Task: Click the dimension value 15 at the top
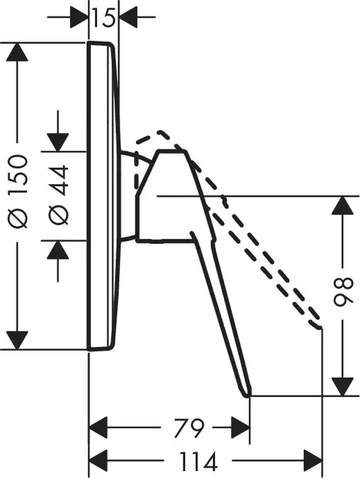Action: pos(103,18)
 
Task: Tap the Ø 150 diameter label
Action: pos(18,191)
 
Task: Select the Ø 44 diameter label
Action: pos(58,195)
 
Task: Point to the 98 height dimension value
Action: pos(343,292)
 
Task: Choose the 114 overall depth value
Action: pos(198,462)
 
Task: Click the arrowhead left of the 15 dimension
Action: pos(79,17)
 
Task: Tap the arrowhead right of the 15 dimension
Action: pos(128,17)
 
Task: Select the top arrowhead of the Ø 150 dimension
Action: pos(17,52)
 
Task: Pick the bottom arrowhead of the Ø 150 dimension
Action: pos(17,340)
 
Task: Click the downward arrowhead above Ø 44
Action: pos(57,142)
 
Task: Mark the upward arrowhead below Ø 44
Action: pos(57,250)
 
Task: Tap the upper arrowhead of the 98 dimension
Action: pos(342,206)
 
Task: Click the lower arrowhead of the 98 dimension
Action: pos(342,387)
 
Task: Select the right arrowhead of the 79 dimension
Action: pos(241,428)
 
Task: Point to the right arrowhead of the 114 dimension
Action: pos(313,460)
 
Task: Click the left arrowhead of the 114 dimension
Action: pos(98,460)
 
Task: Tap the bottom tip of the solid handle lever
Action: pos(248,395)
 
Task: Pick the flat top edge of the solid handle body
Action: pos(171,151)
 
